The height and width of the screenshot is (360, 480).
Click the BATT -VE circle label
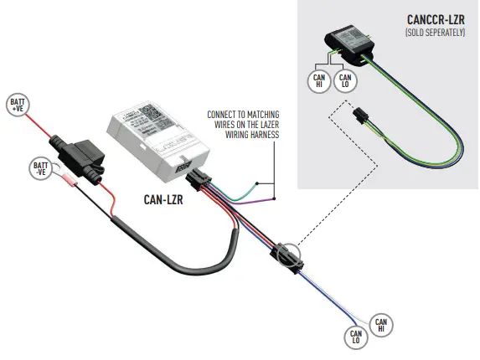click(42, 168)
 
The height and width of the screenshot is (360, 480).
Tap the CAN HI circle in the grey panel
click(318, 80)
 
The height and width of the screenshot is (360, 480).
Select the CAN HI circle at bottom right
click(380, 324)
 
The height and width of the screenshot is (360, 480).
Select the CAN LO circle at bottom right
click(354, 337)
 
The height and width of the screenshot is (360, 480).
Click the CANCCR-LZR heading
click(436, 19)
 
